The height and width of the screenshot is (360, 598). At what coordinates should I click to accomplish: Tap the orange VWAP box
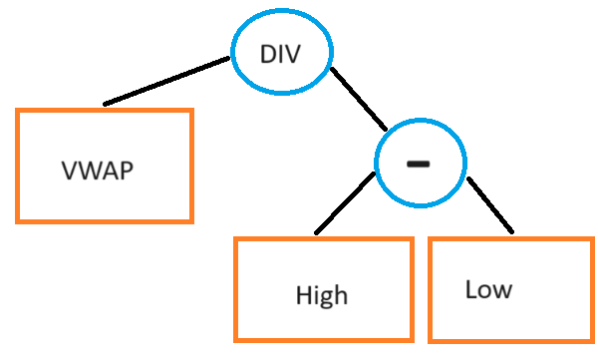tap(105, 165)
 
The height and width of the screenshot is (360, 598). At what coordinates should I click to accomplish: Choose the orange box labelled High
tap(323, 289)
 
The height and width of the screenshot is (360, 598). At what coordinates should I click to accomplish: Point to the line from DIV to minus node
tap(359, 100)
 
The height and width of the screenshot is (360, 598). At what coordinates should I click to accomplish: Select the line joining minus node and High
tap(345, 203)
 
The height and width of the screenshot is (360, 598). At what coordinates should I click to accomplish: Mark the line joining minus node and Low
tap(490, 205)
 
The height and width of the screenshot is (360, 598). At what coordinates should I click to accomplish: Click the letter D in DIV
tap(268, 54)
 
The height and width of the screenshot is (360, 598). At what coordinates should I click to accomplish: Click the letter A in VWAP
tap(110, 170)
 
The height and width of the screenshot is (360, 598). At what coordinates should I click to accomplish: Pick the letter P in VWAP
tap(126, 170)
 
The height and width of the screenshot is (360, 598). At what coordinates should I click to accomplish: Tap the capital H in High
tap(303, 295)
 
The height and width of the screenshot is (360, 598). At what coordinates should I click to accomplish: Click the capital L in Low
tap(470, 289)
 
